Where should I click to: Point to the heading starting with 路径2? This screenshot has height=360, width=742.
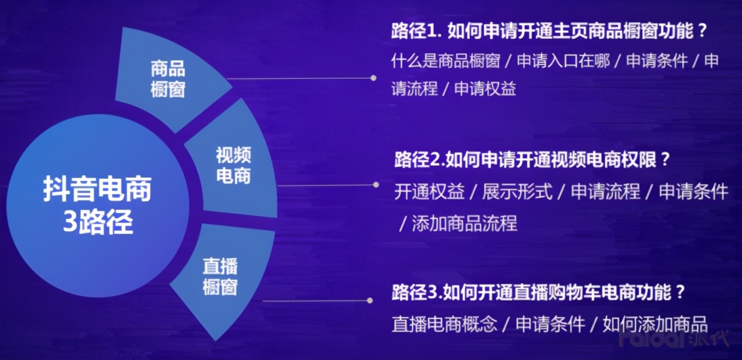(532, 160)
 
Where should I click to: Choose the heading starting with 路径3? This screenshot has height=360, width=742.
(539, 293)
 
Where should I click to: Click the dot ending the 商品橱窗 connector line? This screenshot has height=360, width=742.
(373, 78)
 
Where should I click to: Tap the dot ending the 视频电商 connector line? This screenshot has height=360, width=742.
(376, 185)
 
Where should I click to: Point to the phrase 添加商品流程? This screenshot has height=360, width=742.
(464, 224)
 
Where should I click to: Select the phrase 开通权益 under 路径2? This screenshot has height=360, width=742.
(429, 192)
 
